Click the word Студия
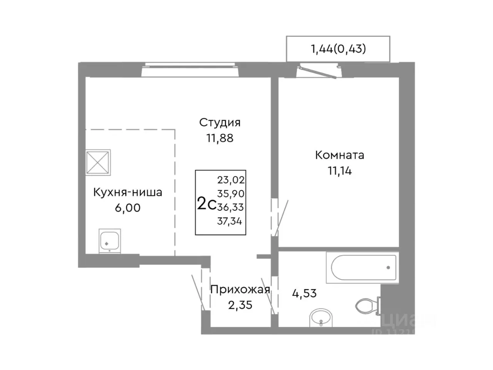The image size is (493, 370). pyautogui.click(x=220, y=123)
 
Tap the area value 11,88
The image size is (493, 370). pyautogui.click(x=220, y=138)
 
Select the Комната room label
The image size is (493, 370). pyautogui.click(x=339, y=155)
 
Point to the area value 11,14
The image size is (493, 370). pyautogui.click(x=339, y=171)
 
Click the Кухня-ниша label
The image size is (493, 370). pyautogui.click(x=127, y=192)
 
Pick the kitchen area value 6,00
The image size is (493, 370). pyautogui.click(x=127, y=208)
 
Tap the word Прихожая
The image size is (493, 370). pyautogui.click(x=240, y=289)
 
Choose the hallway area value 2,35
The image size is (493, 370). pyautogui.click(x=240, y=305)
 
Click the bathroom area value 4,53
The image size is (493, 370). pyautogui.click(x=304, y=293)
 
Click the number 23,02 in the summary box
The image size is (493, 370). pyautogui.click(x=231, y=180)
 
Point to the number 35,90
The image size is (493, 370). pyautogui.click(x=231, y=193)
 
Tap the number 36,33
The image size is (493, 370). pyautogui.click(x=231, y=207)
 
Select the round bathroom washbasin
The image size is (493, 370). pyautogui.click(x=320, y=318)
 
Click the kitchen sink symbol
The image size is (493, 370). pyautogui.click(x=110, y=241)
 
